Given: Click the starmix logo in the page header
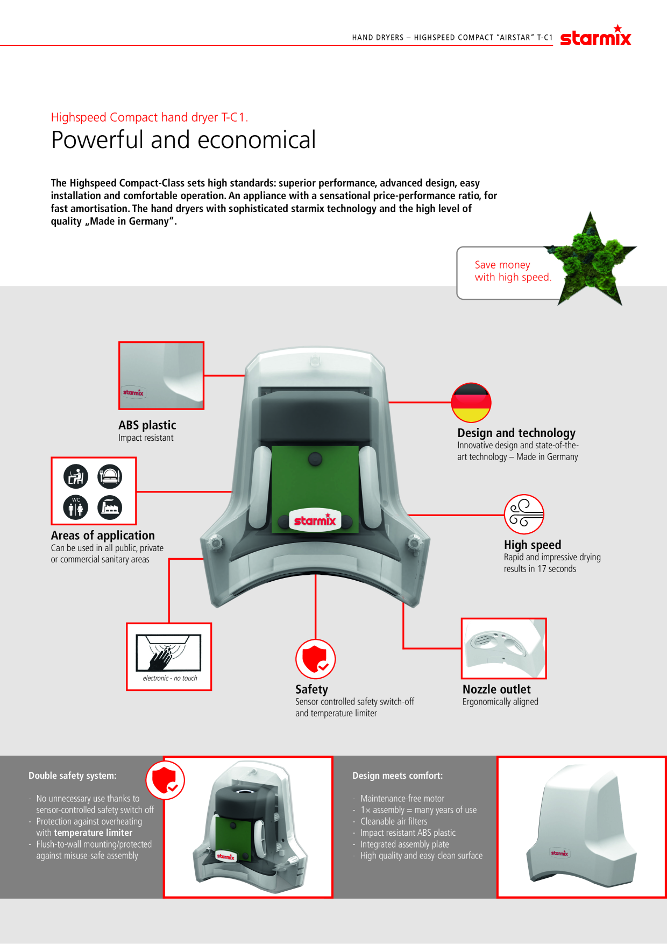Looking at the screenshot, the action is [x=595, y=36].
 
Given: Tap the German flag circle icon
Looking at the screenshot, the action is [x=471, y=403].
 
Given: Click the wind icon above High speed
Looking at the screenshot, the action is [x=524, y=515].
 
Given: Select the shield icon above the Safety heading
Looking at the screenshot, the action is [x=316, y=659].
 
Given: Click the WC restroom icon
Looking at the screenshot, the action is [x=76, y=507].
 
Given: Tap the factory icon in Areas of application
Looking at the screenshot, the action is [x=110, y=507].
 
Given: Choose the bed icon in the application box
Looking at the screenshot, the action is [x=110, y=476].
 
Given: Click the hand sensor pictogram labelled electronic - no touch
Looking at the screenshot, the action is [x=169, y=657].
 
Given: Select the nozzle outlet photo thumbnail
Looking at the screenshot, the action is [x=504, y=648].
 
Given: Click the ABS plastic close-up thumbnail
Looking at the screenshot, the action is [x=161, y=376].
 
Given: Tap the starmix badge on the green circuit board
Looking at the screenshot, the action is [x=315, y=520].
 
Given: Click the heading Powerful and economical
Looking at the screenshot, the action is [x=183, y=140].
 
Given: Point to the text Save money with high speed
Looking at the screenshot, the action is [x=513, y=271].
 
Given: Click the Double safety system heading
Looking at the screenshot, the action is [x=73, y=776].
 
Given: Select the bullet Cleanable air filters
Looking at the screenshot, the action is [x=394, y=821].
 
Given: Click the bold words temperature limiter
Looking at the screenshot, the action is [x=93, y=833].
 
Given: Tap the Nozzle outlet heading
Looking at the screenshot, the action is [x=496, y=689].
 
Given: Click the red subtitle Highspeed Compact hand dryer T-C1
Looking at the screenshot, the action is [x=150, y=117].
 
